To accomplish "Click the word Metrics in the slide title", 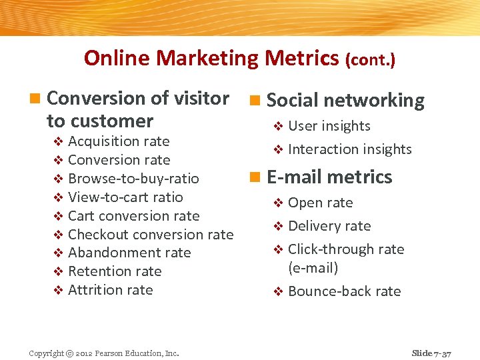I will click(301, 59).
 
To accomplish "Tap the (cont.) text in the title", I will click(370, 61).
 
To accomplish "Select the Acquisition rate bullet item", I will click(119, 141).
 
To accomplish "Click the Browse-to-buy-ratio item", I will click(133, 179).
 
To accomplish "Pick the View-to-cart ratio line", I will click(125, 197).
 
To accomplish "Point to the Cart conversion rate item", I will click(133, 216).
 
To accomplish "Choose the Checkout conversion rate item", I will click(151, 235).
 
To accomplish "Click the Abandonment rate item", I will click(129, 253).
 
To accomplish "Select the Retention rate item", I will click(115, 271).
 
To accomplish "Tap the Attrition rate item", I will click(111, 290).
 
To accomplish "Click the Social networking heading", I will click(345, 101).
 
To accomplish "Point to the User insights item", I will click(329, 126).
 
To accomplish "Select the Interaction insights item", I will click(349, 149).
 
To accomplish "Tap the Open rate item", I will click(320, 203).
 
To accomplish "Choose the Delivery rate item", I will click(329, 226).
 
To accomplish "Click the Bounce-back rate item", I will click(344, 291).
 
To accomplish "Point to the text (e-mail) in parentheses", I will click(313, 268).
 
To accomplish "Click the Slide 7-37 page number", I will click(431, 353).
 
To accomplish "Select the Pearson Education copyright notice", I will click(103, 353).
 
